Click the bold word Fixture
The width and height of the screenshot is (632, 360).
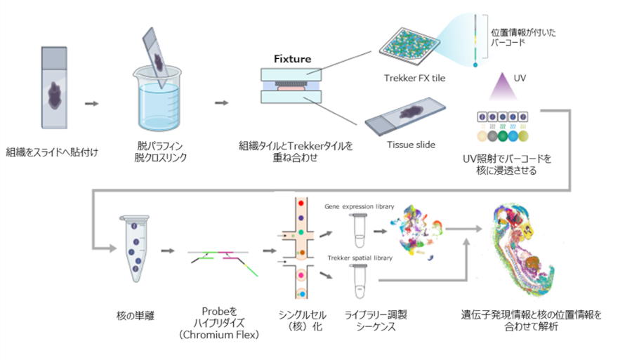(292, 59)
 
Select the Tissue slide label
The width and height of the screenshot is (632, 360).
(411, 145)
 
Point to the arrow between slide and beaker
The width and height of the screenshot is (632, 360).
(91, 103)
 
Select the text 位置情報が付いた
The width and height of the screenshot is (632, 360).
(520, 32)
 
